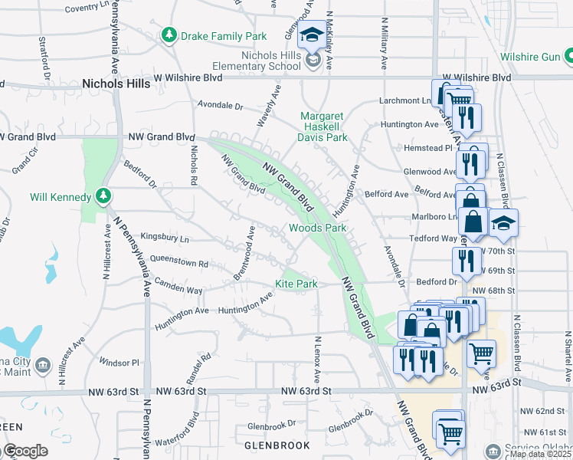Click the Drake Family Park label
[223, 36]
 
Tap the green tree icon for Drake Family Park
[169, 35]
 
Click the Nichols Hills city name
[116, 83]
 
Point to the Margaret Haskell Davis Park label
[323, 127]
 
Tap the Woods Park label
[317, 228]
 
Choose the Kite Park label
[296, 284]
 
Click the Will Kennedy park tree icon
[103, 197]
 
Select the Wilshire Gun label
[530, 56]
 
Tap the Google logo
[25, 451]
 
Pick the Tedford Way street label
[432, 238]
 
